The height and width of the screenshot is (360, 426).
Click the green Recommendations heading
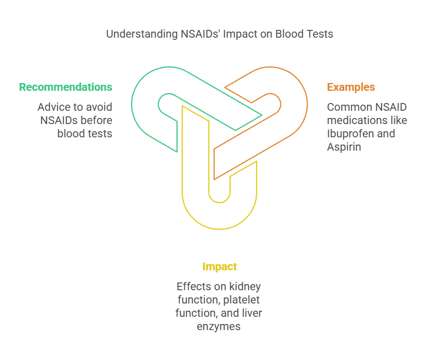(65, 87)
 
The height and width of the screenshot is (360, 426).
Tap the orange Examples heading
(351, 87)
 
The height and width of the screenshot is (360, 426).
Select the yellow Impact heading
(220, 266)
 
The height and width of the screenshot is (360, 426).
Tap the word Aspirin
(344, 147)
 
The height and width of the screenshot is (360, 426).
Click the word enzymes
(219, 326)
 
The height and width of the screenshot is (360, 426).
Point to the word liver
(251, 313)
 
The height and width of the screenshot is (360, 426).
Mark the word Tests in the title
(321, 34)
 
